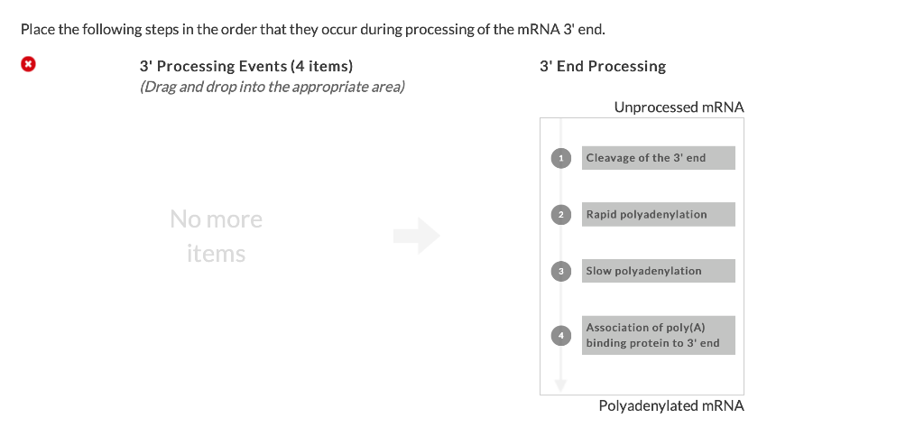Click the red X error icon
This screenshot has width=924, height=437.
(x=29, y=64)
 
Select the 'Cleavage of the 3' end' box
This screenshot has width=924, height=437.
(x=658, y=158)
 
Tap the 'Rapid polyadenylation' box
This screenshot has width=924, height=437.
(x=658, y=214)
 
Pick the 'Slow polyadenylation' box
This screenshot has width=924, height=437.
(x=658, y=271)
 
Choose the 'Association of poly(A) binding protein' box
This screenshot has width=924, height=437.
(x=658, y=335)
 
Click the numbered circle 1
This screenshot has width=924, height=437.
(x=560, y=158)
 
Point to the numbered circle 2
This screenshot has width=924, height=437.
(x=560, y=214)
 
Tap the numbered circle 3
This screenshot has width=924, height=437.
(x=560, y=271)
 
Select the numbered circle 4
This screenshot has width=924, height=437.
(x=560, y=335)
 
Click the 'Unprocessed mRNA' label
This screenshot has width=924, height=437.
(x=679, y=107)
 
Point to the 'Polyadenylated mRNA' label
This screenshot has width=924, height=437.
(x=671, y=406)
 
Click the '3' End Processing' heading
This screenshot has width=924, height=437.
(x=603, y=66)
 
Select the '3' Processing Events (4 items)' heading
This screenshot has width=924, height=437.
(x=246, y=66)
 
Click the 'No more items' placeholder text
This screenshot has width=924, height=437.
(x=216, y=237)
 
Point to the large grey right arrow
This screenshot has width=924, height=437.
(x=417, y=237)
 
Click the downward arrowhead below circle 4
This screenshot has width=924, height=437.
(x=560, y=385)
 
